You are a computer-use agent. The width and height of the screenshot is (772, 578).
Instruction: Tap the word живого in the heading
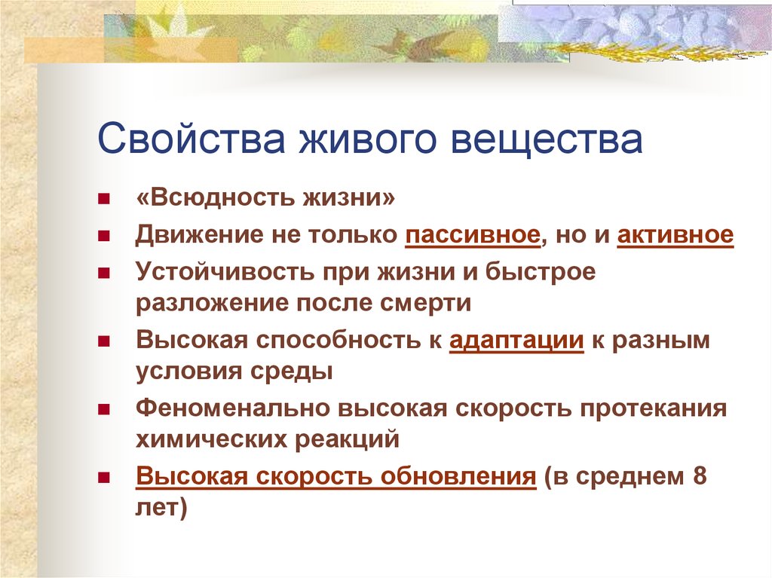click(x=368, y=139)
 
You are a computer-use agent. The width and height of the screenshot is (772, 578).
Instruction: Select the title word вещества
click(x=547, y=139)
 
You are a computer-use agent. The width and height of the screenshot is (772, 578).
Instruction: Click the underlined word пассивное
click(x=473, y=235)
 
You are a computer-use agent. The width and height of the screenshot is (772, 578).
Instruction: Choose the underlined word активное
click(x=675, y=234)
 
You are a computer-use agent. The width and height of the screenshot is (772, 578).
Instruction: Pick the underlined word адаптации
click(x=516, y=341)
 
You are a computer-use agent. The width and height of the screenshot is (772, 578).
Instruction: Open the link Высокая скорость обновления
click(x=335, y=477)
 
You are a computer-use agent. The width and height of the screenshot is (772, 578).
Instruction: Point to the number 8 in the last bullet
click(x=700, y=476)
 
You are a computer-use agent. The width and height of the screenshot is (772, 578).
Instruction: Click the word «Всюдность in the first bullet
click(x=214, y=198)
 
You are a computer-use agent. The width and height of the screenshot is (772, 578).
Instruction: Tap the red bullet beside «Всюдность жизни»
click(x=103, y=199)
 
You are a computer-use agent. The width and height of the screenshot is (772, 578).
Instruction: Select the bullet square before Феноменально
click(x=103, y=410)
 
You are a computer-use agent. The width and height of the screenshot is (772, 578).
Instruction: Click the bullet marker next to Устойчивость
click(x=103, y=273)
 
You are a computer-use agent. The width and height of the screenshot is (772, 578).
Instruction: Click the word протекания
click(x=653, y=409)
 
